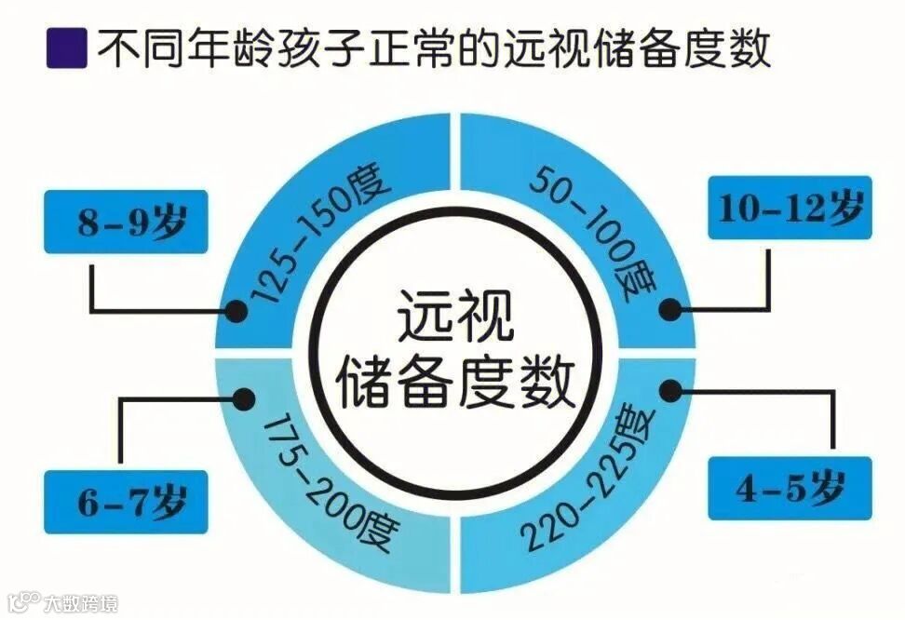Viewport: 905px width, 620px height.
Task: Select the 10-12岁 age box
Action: pyautogui.click(x=790, y=208)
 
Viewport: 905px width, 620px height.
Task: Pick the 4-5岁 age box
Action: pyautogui.click(x=790, y=489)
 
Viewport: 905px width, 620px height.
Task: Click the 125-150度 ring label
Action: pyautogui.click(x=317, y=237)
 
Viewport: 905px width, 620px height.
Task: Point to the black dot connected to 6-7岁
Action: pyautogui.click(x=244, y=399)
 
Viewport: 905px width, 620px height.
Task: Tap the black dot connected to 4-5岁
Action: pyautogui.click(x=668, y=389)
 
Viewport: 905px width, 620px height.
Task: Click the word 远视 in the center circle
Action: pyautogui.click(x=456, y=317)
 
